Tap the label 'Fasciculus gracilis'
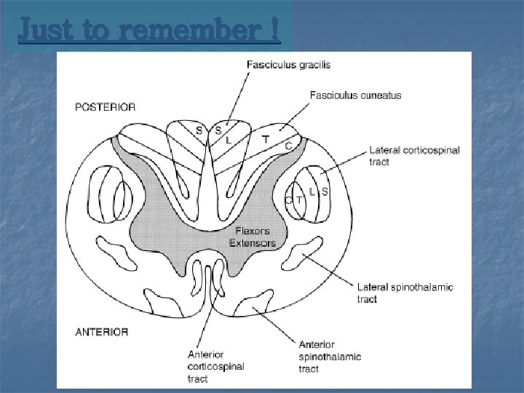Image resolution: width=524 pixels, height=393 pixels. (288, 65)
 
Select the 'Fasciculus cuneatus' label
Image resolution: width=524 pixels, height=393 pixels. (355, 95)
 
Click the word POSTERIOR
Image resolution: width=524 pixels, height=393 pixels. (106, 107)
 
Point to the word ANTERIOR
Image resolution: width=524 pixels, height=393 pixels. (102, 332)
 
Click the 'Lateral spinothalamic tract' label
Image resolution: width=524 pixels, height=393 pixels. (405, 293)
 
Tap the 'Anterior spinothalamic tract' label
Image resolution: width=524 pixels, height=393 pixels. (330, 357)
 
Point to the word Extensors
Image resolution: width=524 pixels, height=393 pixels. (253, 243)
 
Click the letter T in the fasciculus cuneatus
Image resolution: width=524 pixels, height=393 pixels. (266, 138)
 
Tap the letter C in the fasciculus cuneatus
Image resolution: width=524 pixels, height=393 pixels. (289, 146)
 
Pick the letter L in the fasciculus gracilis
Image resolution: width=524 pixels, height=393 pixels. (229, 139)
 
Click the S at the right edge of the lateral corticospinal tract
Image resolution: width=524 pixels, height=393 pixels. (325, 191)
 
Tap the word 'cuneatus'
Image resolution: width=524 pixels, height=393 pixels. (378, 95)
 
